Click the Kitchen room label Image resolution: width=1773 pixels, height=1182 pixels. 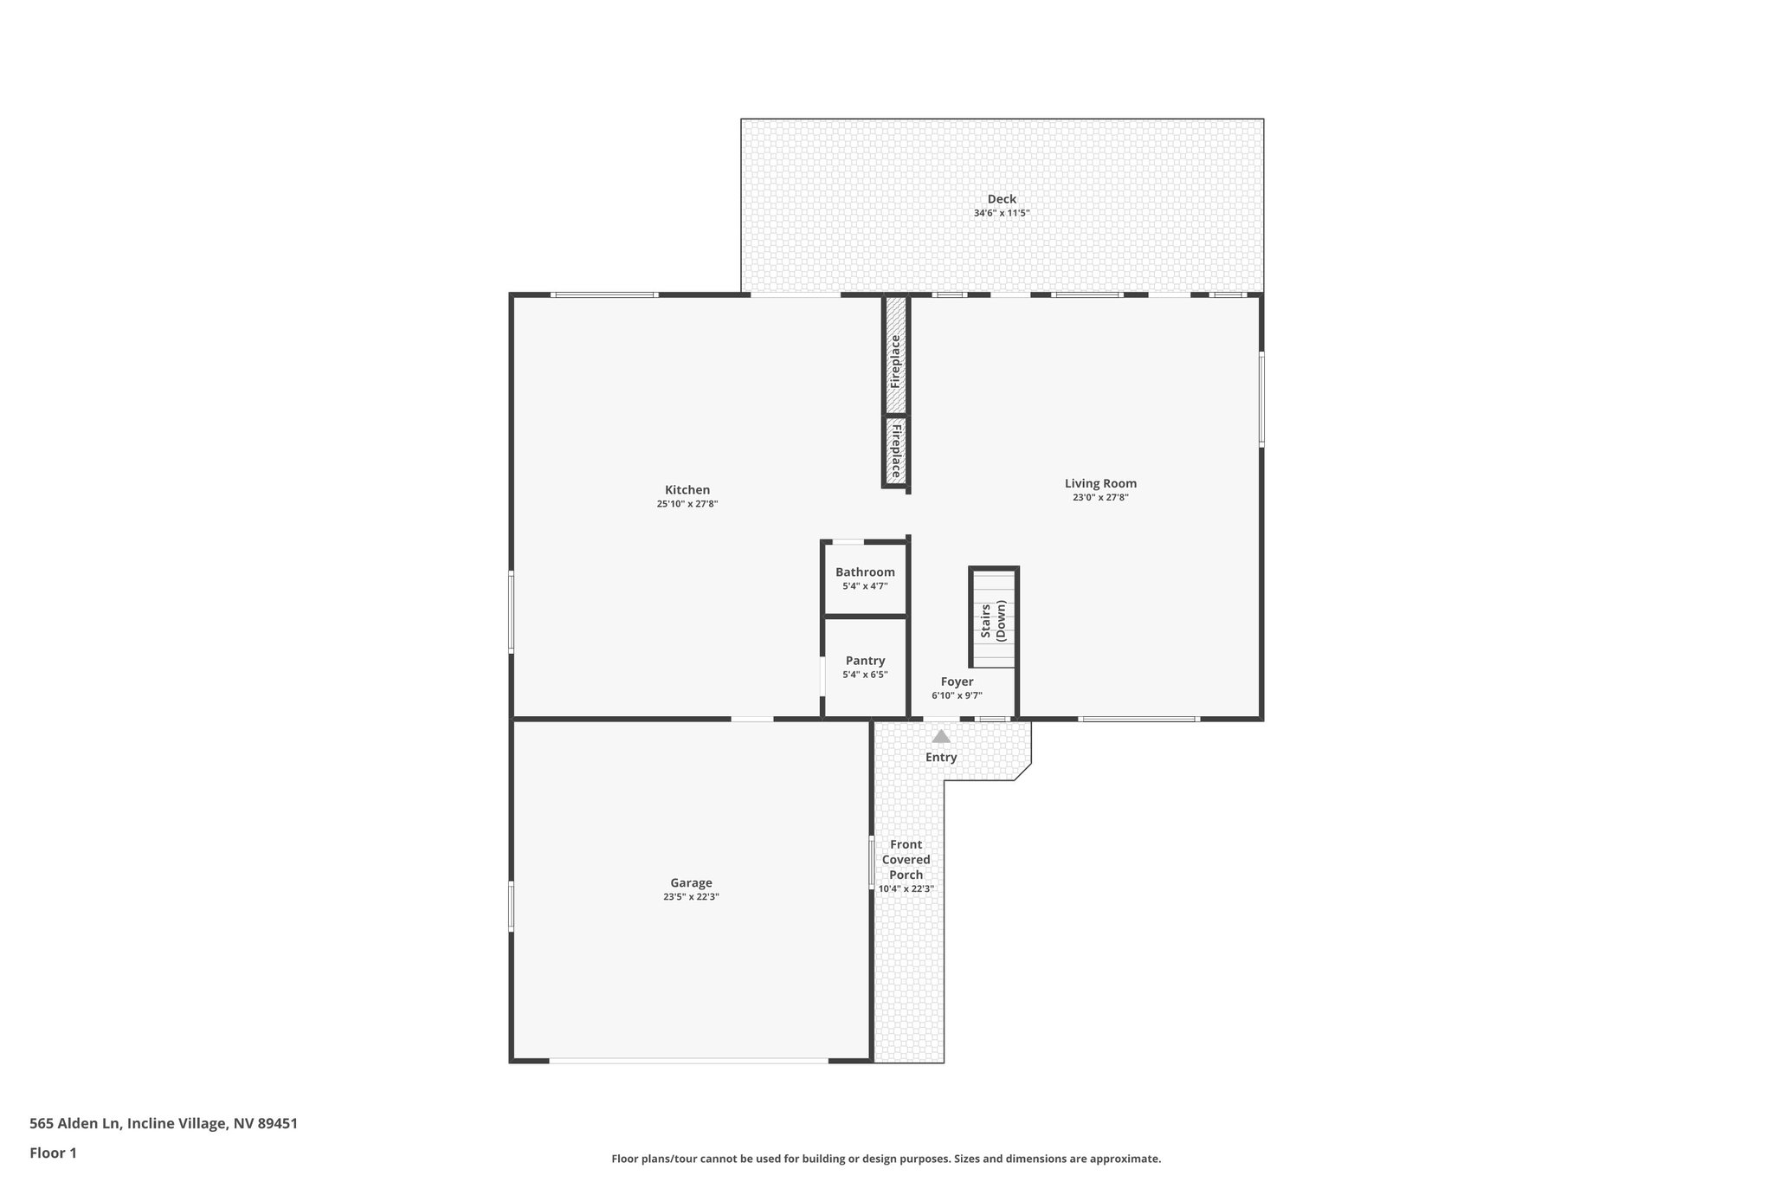pos(687,490)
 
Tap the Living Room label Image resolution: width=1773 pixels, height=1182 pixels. pos(1100,484)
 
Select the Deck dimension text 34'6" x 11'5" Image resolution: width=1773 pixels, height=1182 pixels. pos(1002,213)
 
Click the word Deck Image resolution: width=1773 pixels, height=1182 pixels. pos(1002,199)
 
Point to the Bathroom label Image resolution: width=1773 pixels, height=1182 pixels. pos(865,572)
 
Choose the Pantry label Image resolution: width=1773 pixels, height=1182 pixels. pos(865,661)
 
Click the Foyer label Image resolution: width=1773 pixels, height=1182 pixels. pos(957,682)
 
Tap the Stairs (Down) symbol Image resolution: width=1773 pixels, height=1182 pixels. pos(993,618)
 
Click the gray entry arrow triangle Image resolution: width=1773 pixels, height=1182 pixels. pos(941,736)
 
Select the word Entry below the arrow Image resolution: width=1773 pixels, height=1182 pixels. pos(941,758)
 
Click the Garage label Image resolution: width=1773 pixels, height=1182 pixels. pos(691,883)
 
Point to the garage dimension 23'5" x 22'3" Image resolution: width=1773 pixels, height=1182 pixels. pos(691,897)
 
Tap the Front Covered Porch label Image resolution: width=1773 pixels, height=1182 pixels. pos(906,860)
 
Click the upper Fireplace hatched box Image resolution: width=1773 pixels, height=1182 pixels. pos(895,355)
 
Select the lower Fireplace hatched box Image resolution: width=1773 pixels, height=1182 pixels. pos(895,451)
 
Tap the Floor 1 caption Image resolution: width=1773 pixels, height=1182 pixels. pos(53,1153)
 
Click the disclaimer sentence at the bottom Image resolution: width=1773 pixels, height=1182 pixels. pos(886,1159)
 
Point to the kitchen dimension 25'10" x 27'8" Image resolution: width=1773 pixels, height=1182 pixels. pos(687,504)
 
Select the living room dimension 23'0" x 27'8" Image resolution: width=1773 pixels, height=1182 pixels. pos(1100,498)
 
